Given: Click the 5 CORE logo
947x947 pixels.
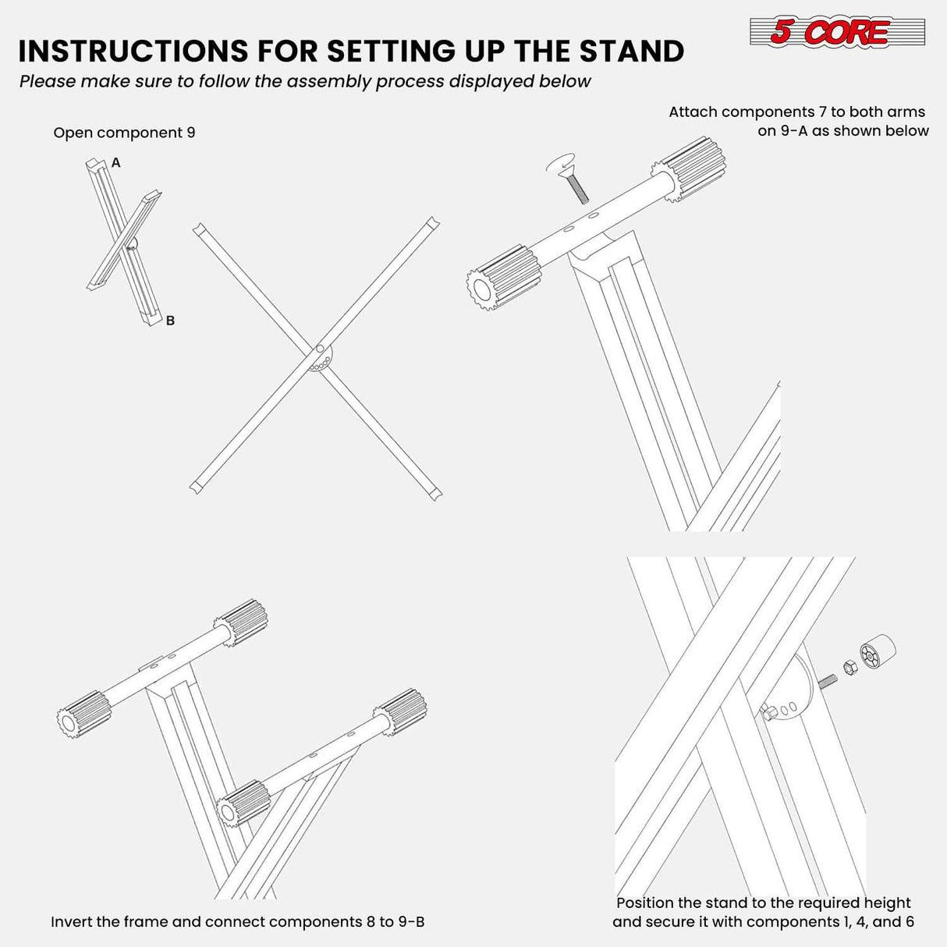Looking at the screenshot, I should (836, 32).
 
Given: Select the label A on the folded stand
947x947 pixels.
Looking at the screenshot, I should (116, 163).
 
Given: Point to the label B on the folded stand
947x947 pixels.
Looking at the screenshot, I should (170, 321).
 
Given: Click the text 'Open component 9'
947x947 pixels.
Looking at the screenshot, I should (124, 133).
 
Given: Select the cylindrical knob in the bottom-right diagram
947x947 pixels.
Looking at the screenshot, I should (877, 651).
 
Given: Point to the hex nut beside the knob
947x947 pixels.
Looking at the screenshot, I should (849, 665).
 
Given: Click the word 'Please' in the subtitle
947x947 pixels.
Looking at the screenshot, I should (46, 81).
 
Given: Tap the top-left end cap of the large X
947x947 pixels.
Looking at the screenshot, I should (199, 230).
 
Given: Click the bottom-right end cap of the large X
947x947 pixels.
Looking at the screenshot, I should (434, 493).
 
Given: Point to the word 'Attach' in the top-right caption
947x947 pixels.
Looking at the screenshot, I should (693, 112).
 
